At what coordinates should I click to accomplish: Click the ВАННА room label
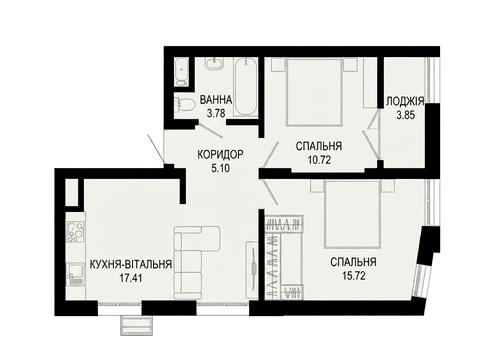[216, 99]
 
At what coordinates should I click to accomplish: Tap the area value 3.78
[216, 113]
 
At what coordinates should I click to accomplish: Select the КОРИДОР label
[220, 154]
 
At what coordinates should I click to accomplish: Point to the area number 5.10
[220, 168]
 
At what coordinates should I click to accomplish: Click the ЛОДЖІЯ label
[405, 101]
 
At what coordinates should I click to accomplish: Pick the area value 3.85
[405, 115]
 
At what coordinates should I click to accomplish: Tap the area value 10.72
[319, 160]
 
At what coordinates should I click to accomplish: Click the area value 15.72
[354, 276]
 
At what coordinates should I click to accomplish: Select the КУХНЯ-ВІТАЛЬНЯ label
[131, 264]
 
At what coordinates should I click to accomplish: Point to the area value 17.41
[131, 278]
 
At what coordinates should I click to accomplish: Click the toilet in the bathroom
[185, 104]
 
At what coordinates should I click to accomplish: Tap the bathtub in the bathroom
[245, 87]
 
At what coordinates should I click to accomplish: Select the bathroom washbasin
[214, 63]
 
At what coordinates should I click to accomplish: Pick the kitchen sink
[76, 274]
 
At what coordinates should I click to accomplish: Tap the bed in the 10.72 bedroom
[314, 92]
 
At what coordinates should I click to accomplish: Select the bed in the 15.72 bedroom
[352, 214]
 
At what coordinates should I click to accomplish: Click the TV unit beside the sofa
[251, 270]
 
